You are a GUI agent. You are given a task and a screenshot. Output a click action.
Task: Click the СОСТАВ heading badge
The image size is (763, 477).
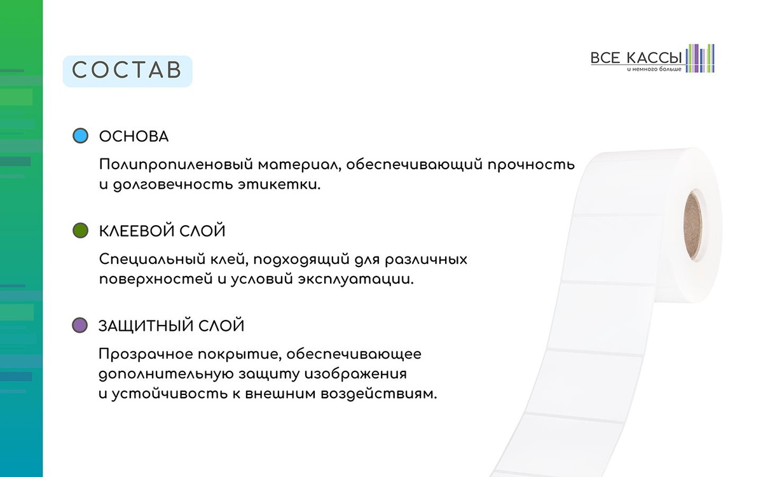(128, 71)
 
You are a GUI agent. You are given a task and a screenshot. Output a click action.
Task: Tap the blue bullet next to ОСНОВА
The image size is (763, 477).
(80, 135)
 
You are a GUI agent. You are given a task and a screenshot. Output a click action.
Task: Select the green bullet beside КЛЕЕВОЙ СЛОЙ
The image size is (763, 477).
(80, 230)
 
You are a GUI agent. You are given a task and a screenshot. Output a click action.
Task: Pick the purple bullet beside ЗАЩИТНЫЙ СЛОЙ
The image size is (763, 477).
(79, 325)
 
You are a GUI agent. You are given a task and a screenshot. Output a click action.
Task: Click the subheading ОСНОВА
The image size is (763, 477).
(134, 137)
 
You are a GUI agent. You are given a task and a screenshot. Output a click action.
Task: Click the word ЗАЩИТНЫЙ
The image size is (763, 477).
(146, 326)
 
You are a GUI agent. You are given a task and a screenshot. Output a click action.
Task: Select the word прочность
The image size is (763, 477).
(531, 165)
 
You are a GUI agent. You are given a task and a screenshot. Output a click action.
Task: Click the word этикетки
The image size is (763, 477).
(279, 185)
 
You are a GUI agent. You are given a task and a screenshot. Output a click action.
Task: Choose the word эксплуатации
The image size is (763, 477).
(356, 280)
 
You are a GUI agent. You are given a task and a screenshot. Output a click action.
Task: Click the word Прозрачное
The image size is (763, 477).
(146, 355)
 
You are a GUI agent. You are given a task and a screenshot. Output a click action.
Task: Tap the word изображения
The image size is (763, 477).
(355, 375)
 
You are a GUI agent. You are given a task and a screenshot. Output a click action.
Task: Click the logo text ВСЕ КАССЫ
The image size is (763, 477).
(636, 58)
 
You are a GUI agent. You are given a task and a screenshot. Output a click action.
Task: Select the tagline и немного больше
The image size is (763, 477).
(654, 69)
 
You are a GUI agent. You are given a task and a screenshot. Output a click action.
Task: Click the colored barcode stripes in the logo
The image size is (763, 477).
(700, 59)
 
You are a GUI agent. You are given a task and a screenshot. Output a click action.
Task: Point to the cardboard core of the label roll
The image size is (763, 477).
(694, 226)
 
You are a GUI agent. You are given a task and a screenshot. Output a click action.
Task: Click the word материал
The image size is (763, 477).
(299, 165)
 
